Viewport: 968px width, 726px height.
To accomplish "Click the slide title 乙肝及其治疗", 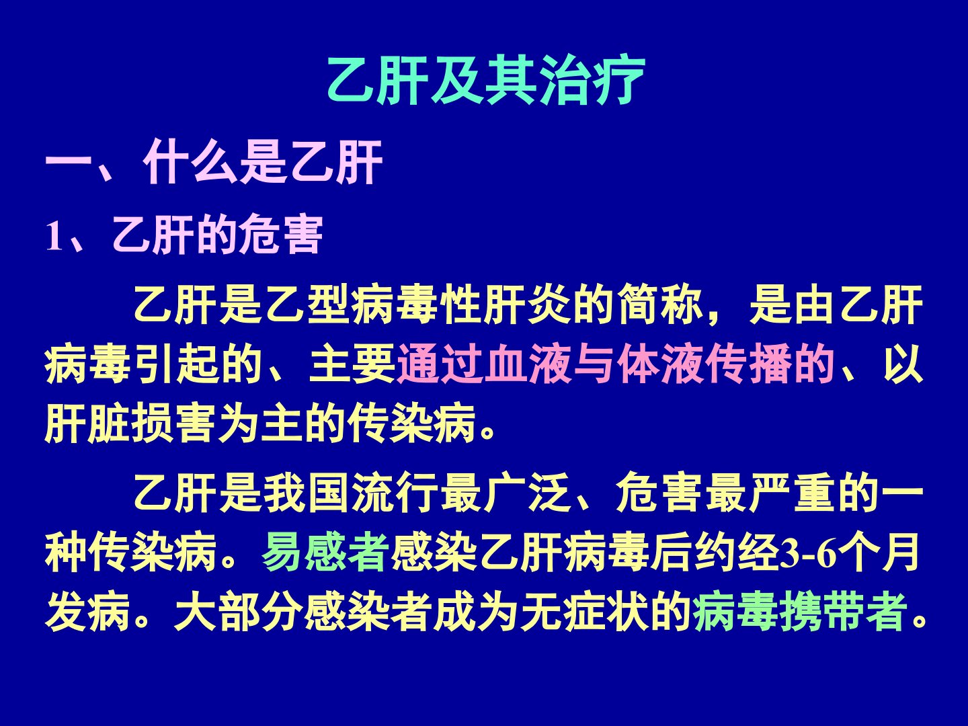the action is (485, 80).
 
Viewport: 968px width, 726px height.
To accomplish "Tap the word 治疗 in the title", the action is (592, 80).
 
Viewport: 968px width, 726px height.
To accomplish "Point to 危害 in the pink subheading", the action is (280, 235).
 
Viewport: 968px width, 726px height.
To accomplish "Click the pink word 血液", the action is (528, 365).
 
